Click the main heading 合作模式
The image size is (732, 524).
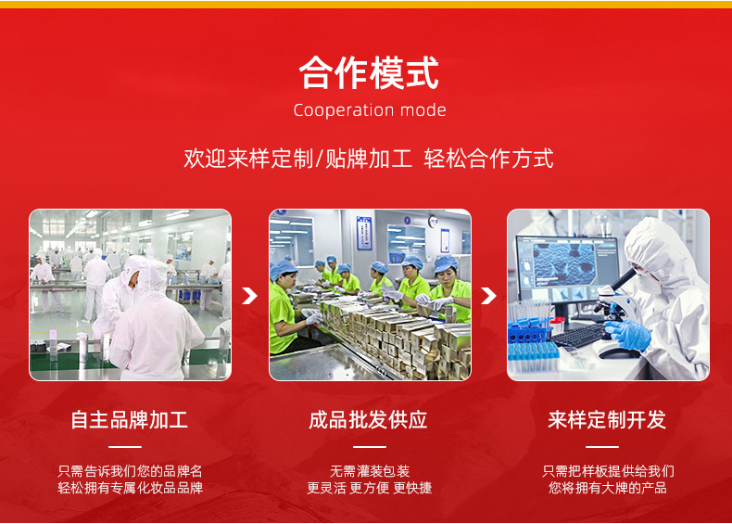point(369,72)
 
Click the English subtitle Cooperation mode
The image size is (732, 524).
point(370,110)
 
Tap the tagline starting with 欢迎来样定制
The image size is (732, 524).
point(369,159)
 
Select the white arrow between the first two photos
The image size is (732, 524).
point(250,296)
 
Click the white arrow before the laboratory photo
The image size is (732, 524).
point(488,296)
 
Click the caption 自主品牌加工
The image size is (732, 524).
point(130,420)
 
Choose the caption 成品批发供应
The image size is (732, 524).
point(368,420)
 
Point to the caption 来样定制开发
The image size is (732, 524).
point(607,420)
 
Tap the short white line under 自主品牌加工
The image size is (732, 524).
point(125,447)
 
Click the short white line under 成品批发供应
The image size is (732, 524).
point(370,447)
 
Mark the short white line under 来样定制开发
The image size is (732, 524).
point(602,447)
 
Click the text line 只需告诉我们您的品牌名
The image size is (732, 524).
point(131,471)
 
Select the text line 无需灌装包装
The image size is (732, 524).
point(370,471)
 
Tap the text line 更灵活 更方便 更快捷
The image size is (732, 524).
point(370,488)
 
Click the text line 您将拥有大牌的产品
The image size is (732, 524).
point(607,488)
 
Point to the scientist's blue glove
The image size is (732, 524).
point(629,334)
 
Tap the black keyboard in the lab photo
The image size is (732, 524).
point(580,336)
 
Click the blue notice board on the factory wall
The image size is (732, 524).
point(364,232)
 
